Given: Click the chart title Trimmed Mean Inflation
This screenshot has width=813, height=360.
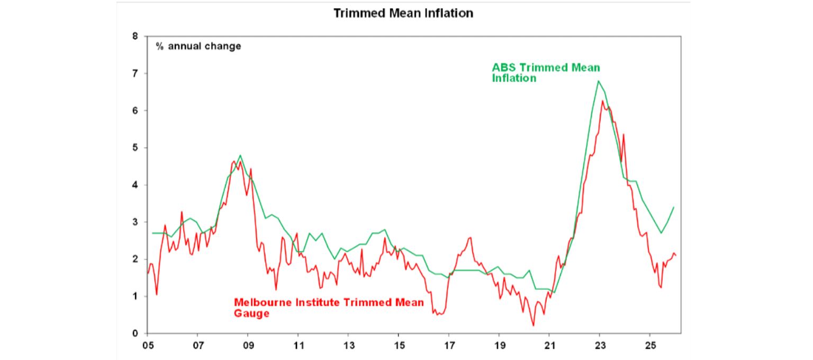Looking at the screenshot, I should [403, 13].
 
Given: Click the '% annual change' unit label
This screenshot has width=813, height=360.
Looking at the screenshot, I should [198, 46].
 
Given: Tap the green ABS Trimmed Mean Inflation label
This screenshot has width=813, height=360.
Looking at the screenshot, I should [546, 73].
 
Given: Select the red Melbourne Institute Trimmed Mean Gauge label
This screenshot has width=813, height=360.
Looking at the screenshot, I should [328, 308].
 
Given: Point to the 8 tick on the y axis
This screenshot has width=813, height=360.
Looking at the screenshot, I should [135, 37].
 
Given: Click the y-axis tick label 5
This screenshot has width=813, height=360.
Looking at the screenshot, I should [135, 148].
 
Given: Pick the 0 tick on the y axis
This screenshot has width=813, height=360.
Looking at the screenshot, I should [135, 334].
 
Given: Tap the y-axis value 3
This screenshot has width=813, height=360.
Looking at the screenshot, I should [135, 222].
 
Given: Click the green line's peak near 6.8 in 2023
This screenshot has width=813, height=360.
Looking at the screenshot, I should [598, 81].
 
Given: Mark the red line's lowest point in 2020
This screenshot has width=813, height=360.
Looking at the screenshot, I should [534, 326].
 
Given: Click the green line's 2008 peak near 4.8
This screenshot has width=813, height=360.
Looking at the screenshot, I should [240, 156].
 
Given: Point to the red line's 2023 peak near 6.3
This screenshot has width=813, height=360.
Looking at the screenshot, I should [602, 101].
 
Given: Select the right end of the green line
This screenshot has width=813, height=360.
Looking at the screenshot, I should [674, 207].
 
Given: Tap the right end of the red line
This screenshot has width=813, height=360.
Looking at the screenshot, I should [676, 256].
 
